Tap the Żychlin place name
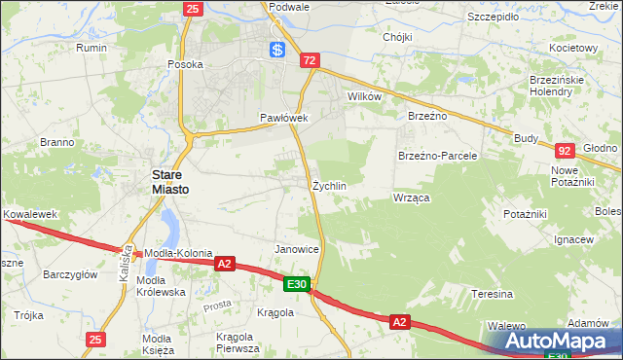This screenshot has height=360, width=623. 329,185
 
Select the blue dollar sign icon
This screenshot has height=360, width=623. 277,51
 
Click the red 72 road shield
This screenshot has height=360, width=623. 310,60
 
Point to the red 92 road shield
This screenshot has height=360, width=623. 564,151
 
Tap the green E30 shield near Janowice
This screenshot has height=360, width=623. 298,284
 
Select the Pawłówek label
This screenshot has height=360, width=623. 283,118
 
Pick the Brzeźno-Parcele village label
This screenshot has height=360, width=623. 437,156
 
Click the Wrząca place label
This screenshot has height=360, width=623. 412,198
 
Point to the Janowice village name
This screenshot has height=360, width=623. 297,249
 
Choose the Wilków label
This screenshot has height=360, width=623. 364,97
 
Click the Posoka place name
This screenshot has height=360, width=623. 185,65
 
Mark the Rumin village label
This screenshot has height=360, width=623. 92,47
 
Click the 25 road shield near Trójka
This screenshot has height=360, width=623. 94,340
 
